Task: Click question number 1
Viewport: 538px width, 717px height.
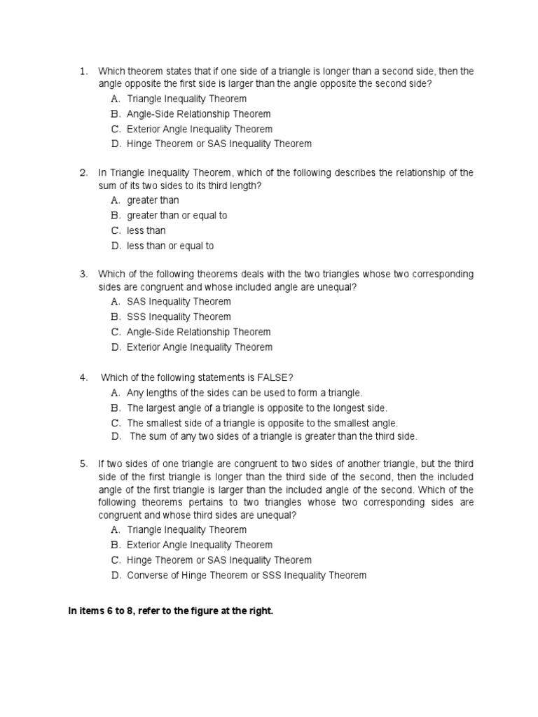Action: click(83, 71)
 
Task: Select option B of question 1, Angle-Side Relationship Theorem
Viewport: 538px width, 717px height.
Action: click(198, 113)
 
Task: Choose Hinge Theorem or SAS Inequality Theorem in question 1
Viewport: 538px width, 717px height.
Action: click(219, 144)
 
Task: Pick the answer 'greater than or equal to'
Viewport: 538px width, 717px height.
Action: click(177, 216)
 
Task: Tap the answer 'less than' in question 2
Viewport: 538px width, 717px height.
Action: click(146, 230)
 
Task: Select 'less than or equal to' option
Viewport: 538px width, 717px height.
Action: click(170, 246)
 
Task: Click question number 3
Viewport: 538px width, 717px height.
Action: click(83, 273)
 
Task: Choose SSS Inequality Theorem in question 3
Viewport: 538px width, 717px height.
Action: click(179, 316)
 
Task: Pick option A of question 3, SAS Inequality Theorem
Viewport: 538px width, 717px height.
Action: click(179, 302)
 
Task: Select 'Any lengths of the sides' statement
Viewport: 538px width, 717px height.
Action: click(244, 393)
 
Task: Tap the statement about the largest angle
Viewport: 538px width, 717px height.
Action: click(256, 408)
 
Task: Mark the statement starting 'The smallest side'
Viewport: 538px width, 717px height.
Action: click(262, 423)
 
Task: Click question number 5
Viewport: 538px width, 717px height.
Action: click(83, 464)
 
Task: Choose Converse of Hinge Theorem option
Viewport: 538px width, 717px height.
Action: click(246, 576)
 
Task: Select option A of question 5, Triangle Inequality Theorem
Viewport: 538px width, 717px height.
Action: click(186, 530)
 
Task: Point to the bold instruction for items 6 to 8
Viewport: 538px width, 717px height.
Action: click(170, 611)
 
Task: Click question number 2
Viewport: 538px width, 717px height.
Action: click(83, 172)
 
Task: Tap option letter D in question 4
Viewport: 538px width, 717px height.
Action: click(116, 436)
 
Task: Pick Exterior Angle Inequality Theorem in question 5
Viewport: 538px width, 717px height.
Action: click(200, 545)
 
